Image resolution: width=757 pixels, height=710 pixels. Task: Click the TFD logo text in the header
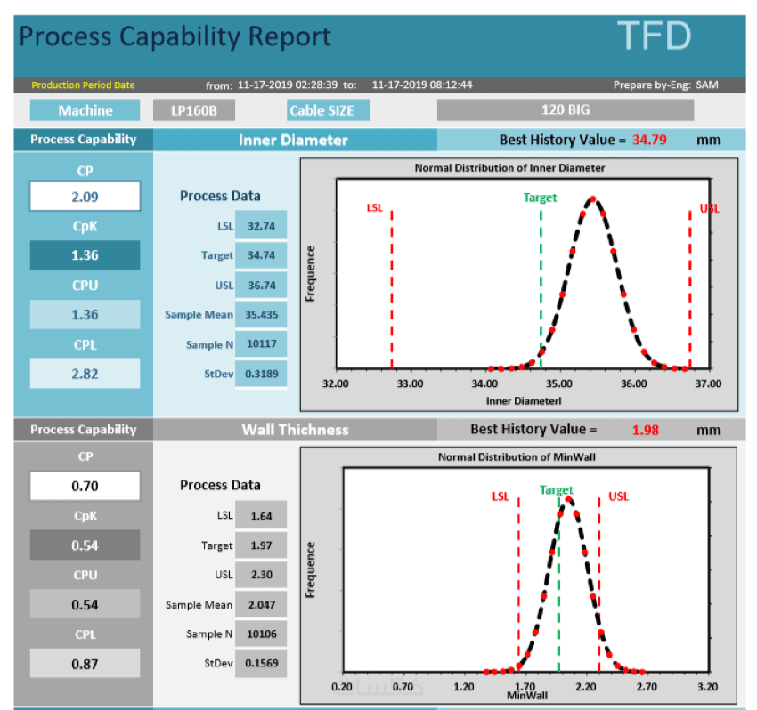click(x=655, y=36)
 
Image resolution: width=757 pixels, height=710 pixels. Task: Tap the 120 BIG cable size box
click(x=565, y=110)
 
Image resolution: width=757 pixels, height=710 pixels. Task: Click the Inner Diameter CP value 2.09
click(x=85, y=196)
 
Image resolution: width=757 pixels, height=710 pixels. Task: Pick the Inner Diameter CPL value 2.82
click(x=85, y=374)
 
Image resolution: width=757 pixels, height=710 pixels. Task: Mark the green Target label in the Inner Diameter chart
click(x=540, y=198)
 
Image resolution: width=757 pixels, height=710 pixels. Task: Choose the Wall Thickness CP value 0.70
click(x=85, y=487)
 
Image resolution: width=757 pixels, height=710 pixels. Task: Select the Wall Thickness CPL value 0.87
click(x=85, y=664)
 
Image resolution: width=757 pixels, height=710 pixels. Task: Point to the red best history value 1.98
click(x=645, y=430)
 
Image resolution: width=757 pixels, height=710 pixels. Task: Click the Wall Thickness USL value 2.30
click(x=260, y=575)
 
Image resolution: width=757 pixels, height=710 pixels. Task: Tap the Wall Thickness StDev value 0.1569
click(x=260, y=664)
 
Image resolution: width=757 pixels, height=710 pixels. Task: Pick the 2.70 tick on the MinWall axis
click(x=647, y=687)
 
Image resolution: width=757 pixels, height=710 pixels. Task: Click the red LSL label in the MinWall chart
click(x=501, y=496)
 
